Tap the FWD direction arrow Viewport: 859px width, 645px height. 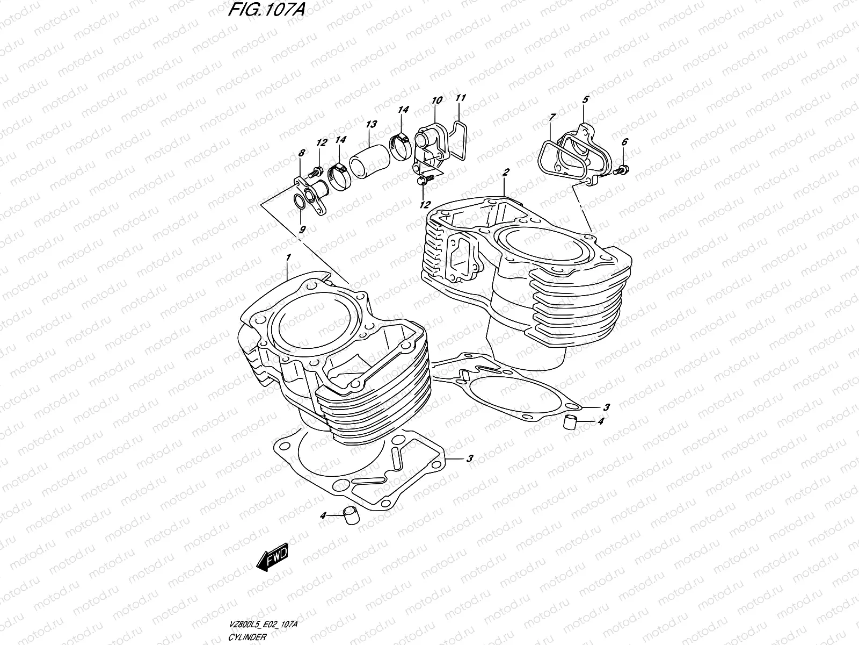click(x=273, y=558)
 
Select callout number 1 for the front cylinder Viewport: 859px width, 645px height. click(x=288, y=258)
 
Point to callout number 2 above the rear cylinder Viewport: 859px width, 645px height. click(x=506, y=171)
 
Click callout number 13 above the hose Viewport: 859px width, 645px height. click(x=371, y=124)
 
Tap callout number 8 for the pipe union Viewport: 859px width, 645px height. click(x=301, y=153)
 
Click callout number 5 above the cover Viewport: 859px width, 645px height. click(x=585, y=99)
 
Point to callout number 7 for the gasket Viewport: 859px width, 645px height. click(x=552, y=116)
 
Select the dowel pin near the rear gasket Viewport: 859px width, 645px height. click(x=570, y=422)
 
